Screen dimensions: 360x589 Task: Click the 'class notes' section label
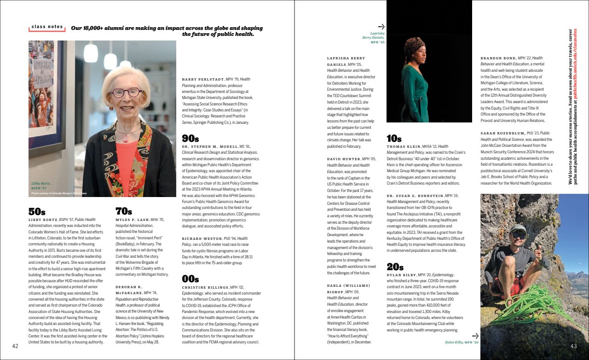pyautogui.click(x=47, y=27)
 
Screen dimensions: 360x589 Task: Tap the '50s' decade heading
pyautogui.click(x=37, y=212)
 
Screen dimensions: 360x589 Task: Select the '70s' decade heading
pyautogui.click(x=124, y=211)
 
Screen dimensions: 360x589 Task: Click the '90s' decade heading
pyautogui.click(x=191, y=139)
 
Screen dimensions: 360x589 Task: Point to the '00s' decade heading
pyautogui.click(x=191, y=279)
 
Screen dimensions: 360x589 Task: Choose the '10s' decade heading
pyautogui.click(x=394, y=139)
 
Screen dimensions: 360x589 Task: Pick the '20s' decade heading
pyautogui.click(x=395, y=267)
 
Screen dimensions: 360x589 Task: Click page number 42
pyautogui.click(x=15, y=346)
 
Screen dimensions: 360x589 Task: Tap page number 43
pyautogui.click(x=573, y=346)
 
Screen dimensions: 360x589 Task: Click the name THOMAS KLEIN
pyautogui.click(x=407, y=146)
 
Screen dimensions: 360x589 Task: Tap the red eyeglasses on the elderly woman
pyautogui.click(x=125, y=93)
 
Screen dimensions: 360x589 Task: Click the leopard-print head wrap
pyautogui.click(x=414, y=45)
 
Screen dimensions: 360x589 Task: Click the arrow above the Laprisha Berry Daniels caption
pyautogui.click(x=381, y=27)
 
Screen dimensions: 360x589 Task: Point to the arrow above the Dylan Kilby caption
pyautogui.click(x=475, y=336)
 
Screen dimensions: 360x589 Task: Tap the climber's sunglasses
pyautogui.click(x=519, y=235)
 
